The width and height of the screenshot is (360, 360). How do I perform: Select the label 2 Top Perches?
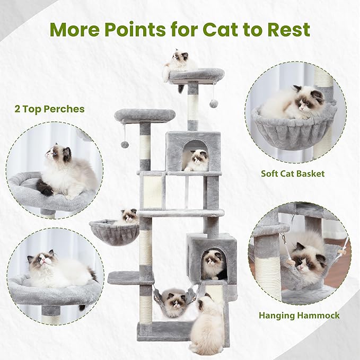[49, 109]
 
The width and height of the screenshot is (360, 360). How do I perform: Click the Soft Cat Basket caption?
[292, 173]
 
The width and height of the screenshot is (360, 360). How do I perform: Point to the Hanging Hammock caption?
[299, 315]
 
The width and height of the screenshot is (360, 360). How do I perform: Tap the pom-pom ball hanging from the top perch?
[214, 103]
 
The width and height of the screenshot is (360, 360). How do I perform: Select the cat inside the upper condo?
[198, 160]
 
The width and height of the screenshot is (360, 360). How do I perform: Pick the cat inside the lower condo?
[214, 264]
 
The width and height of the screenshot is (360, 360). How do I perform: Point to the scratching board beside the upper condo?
[153, 192]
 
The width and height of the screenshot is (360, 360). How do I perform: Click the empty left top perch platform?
[145, 115]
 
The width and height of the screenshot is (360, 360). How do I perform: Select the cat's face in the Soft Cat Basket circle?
[310, 102]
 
